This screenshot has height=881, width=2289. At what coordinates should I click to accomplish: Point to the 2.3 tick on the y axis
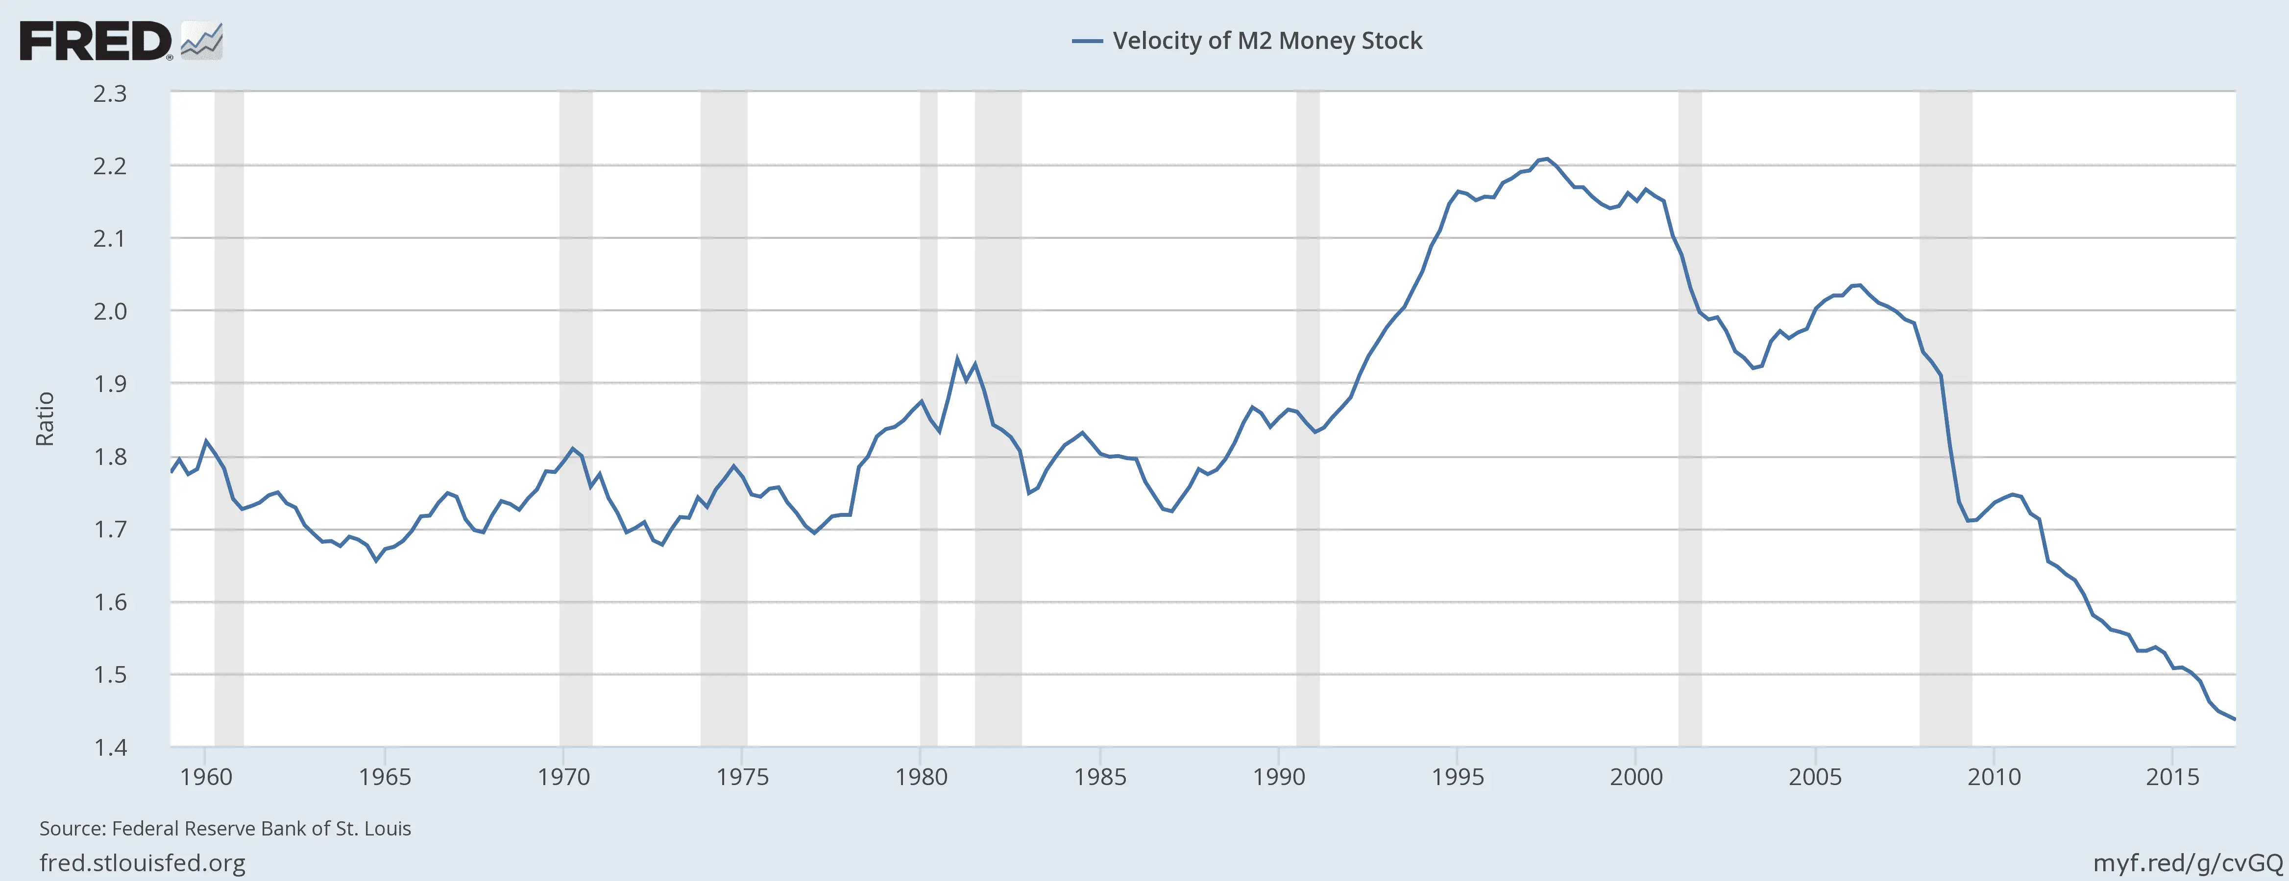(x=110, y=93)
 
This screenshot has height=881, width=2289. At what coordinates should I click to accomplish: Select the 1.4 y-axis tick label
(x=110, y=747)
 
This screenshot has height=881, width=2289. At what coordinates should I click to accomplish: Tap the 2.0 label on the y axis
(x=110, y=311)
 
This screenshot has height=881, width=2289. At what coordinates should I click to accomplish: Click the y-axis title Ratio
(x=45, y=418)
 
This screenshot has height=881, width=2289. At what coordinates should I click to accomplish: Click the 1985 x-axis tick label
(x=1099, y=777)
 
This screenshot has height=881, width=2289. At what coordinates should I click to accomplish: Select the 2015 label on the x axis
(x=2172, y=777)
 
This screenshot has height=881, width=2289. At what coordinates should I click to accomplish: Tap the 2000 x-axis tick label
(x=1636, y=777)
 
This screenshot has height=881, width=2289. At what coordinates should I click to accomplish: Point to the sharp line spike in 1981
(x=957, y=359)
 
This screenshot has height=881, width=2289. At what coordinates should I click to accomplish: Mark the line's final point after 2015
(x=2234, y=719)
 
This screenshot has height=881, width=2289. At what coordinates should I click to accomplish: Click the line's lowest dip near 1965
(x=376, y=560)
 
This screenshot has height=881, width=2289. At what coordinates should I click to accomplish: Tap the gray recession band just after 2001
(x=1689, y=417)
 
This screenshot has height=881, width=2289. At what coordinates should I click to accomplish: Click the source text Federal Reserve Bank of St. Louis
(x=225, y=829)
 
